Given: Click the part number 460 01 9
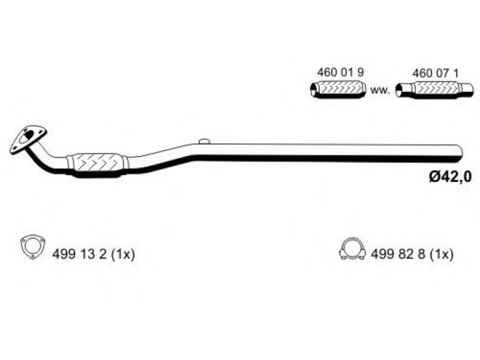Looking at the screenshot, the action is (x=340, y=73).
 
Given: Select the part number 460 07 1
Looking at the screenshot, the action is (x=436, y=73).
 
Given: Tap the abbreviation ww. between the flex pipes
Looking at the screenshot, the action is (x=380, y=91).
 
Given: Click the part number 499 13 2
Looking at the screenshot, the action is (x=80, y=254).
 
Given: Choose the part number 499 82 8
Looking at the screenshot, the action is (x=398, y=254).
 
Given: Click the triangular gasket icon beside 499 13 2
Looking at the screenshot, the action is (x=32, y=247).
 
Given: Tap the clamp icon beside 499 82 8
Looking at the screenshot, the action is (x=352, y=249).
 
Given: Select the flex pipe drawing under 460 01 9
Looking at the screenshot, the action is (x=338, y=89).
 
